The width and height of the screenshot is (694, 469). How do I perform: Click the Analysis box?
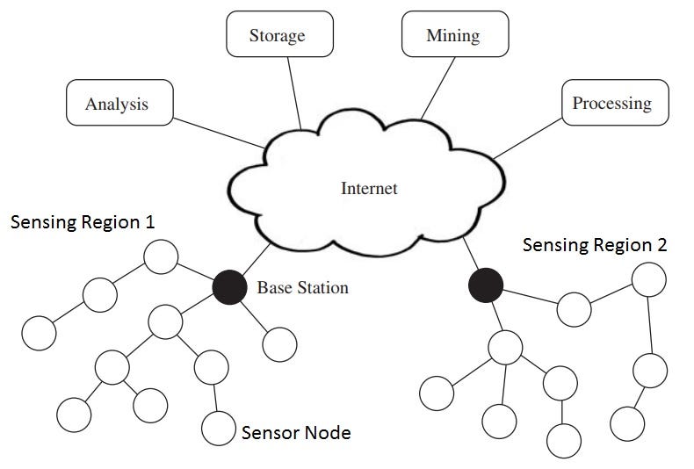pos(118,105)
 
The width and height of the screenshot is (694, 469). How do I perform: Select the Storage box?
pos(277,36)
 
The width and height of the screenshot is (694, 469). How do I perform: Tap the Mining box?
pos(452,36)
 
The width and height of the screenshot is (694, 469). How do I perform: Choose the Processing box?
pos(611,104)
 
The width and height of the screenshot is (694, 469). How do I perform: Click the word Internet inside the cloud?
pos(369,188)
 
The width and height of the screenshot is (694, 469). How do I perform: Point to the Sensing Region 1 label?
pos(82,222)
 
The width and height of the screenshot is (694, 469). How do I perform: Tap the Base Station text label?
pos(302,287)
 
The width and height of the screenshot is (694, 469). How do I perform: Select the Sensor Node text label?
pos(296,432)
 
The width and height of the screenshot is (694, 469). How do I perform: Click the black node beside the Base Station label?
pos(229,286)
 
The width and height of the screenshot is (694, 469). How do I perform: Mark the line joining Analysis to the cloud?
pos(218,129)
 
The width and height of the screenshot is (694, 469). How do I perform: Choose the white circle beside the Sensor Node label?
pos(218,428)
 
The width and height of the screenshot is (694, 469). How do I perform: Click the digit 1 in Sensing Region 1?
pos(150,222)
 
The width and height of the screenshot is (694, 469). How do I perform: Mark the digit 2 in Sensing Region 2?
pos(661,245)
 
